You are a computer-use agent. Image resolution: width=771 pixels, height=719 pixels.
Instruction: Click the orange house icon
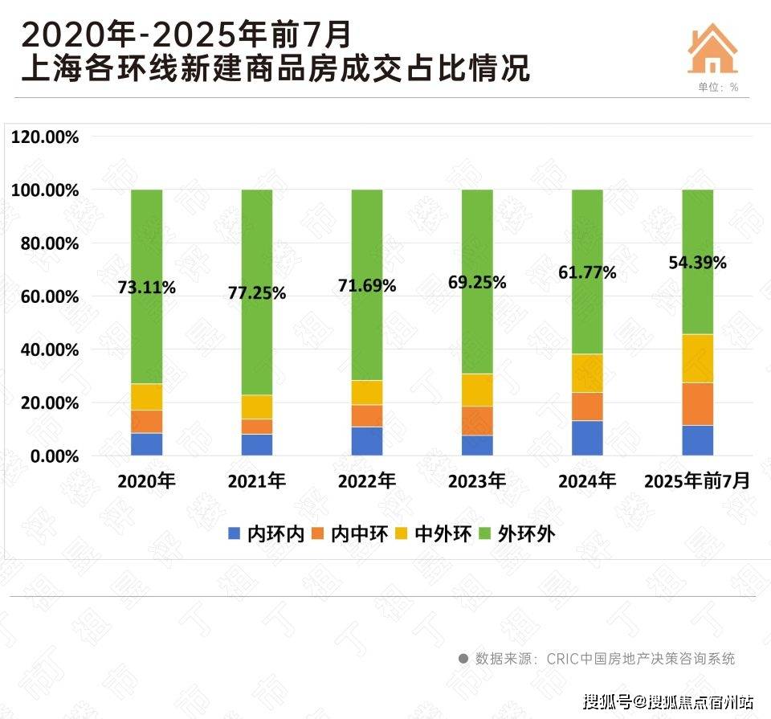click(712, 50)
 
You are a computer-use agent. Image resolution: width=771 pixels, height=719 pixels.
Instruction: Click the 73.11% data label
click(147, 288)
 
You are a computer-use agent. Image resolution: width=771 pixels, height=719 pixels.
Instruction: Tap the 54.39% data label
click(697, 263)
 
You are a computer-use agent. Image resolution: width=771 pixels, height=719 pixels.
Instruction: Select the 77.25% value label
click(257, 293)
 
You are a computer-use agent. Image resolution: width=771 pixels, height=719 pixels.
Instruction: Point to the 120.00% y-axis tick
click(46, 137)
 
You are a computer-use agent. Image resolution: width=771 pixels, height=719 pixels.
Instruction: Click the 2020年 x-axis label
click(146, 482)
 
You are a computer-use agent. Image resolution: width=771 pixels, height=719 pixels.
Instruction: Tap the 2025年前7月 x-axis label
click(697, 482)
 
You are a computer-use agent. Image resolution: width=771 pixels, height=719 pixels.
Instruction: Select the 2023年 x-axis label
click(477, 482)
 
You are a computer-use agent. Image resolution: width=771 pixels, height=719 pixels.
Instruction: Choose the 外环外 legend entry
click(516, 533)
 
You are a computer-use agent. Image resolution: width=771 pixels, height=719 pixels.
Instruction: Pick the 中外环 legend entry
click(433, 533)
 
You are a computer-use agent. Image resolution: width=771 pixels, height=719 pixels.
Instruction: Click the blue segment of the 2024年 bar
click(587, 438)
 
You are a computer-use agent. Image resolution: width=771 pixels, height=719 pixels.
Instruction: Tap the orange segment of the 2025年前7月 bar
click(697, 404)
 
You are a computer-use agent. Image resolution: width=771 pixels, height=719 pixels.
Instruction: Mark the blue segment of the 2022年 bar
click(367, 441)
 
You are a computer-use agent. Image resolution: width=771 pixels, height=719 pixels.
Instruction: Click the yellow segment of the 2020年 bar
click(147, 397)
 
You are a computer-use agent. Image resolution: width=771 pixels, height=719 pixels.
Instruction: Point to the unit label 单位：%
click(712, 87)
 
